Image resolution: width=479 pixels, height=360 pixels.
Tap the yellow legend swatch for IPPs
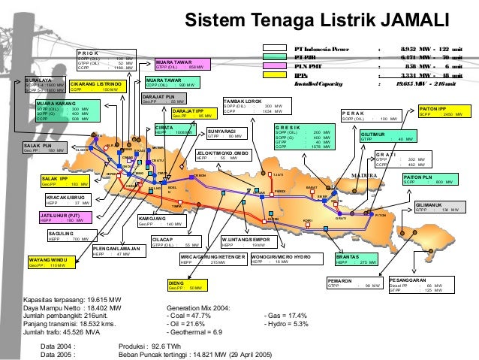[x=275, y=75]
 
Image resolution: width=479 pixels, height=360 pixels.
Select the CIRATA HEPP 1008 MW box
[x=174, y=130]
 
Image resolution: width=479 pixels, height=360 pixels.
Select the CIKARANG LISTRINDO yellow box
[x=98, y=86]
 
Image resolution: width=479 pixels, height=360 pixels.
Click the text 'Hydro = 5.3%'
[x=290, y=323]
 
